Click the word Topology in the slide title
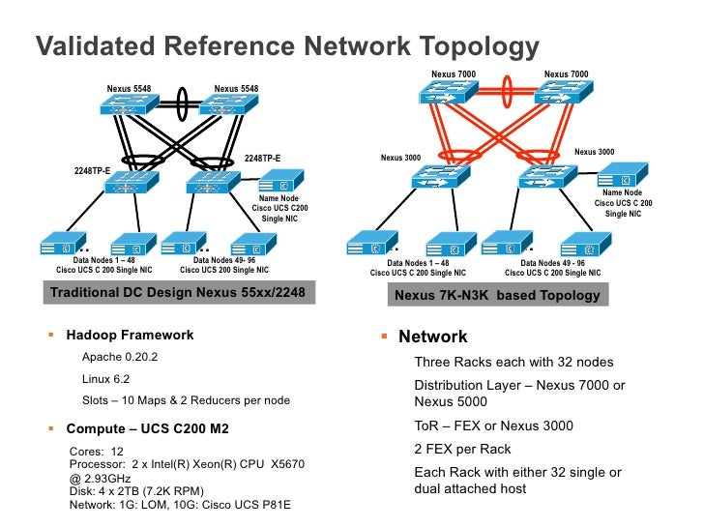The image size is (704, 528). [x=479, y=47]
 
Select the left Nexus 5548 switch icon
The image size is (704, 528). [x=129, y=104]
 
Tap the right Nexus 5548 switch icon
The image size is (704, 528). [x=228, y=104]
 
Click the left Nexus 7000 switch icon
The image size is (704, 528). [x=448, y=92]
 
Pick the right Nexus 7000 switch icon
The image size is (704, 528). [x=564, y=92]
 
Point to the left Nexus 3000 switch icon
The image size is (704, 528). [x=440, y=176]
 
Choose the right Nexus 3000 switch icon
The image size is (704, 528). [x=547, y=176]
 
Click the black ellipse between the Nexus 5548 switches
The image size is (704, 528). [x=182, y=103]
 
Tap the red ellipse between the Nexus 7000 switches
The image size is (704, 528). [x=507, y=91]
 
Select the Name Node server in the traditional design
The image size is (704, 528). [x=281, y=181]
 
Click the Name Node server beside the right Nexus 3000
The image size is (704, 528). [x=623, y=175]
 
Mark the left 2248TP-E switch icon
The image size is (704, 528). [x=132, y=182]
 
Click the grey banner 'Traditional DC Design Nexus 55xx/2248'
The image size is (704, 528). [x=179, y=293]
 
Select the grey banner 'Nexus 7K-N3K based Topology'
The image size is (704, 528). [x=498, y=295]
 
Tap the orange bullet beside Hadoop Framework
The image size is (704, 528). [x=51, y=335]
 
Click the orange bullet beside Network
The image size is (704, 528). [x=384, y=336]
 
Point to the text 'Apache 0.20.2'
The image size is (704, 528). [x=120, y=357]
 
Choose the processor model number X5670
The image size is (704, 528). [x=287, y=464]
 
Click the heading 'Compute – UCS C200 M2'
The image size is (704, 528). [x=148, y=428]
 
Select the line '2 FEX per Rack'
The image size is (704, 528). [x=462, y=449]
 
